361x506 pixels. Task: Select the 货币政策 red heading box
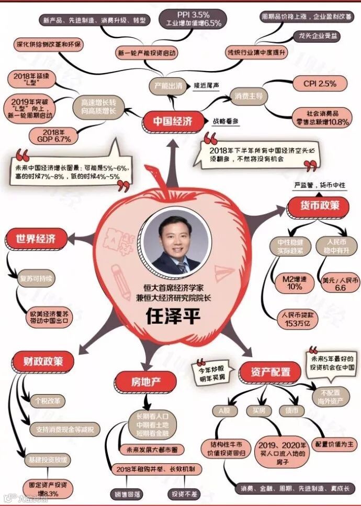click(320, 205)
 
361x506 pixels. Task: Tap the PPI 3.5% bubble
click(194, 18)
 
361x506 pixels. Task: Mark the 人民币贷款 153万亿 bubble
click(296, 319)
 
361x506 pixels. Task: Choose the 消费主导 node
click(248, 96)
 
